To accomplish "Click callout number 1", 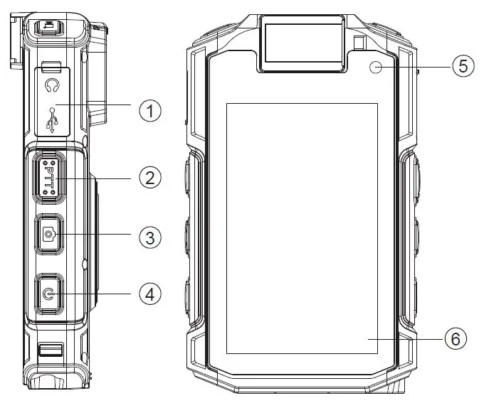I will [x=149, y=111].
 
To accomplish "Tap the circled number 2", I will [x=149, y=176].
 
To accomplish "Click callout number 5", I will [x=462, y=67].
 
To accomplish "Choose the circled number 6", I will [x=456, y=339].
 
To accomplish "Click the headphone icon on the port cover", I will [x=51, y=86].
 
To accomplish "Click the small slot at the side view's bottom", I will [x=50, y=349].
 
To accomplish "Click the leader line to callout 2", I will [x=100, y=176].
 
